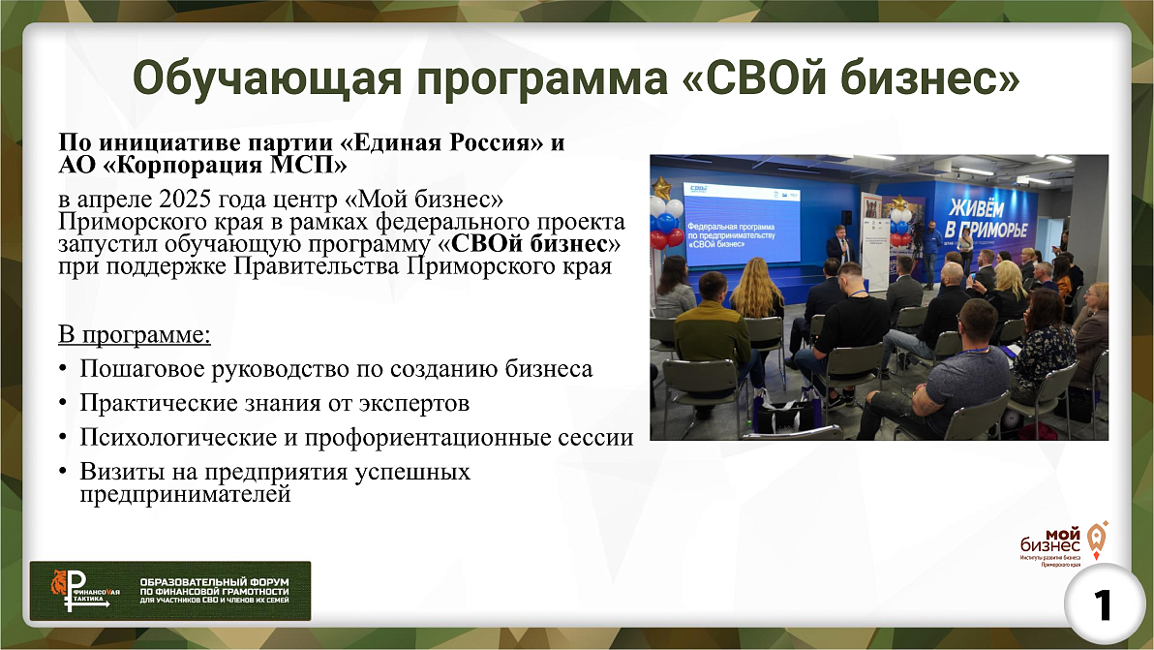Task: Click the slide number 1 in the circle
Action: (x=1102, y=606)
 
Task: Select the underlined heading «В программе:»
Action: (x=135, y=337)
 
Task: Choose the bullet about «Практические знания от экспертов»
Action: (x=275, y=402)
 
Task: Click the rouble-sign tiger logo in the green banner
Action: (x=78, y=591)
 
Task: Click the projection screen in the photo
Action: (x=742, y=217)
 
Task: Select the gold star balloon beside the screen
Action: (x=662, y=187)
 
